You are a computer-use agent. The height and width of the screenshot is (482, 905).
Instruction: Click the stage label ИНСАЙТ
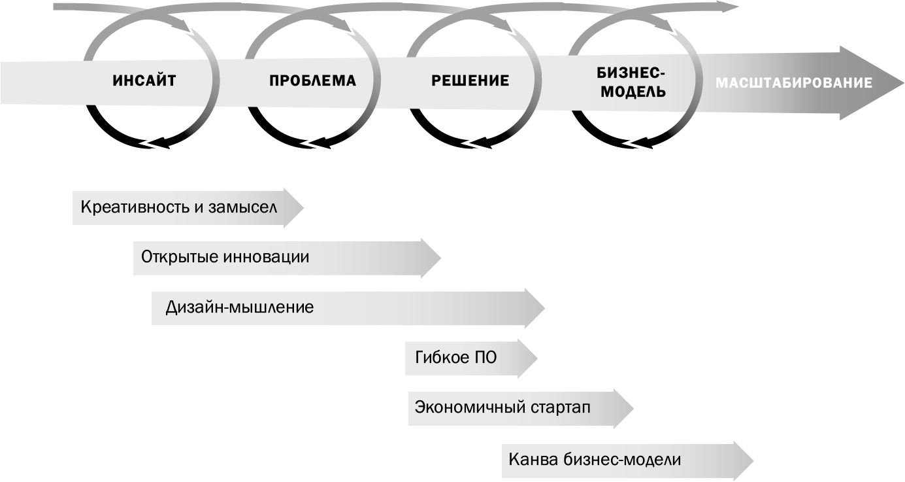144,81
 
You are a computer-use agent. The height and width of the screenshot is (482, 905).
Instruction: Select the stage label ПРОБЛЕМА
312,81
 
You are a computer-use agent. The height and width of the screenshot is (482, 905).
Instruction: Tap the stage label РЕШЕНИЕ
470,81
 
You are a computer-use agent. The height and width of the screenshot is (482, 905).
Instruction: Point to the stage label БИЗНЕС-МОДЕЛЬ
632,82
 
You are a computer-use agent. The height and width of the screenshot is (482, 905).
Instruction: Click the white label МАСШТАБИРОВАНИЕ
794,83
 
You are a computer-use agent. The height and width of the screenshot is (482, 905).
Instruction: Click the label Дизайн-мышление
239,307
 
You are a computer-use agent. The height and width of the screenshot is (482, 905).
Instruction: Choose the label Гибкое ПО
455,358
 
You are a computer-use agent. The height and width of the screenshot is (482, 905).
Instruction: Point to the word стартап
558,407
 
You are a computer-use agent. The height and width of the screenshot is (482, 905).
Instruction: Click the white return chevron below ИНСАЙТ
153,144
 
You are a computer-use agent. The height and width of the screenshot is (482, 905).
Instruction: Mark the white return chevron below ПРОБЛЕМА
314,143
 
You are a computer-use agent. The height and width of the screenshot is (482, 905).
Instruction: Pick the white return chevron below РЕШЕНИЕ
474,143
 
